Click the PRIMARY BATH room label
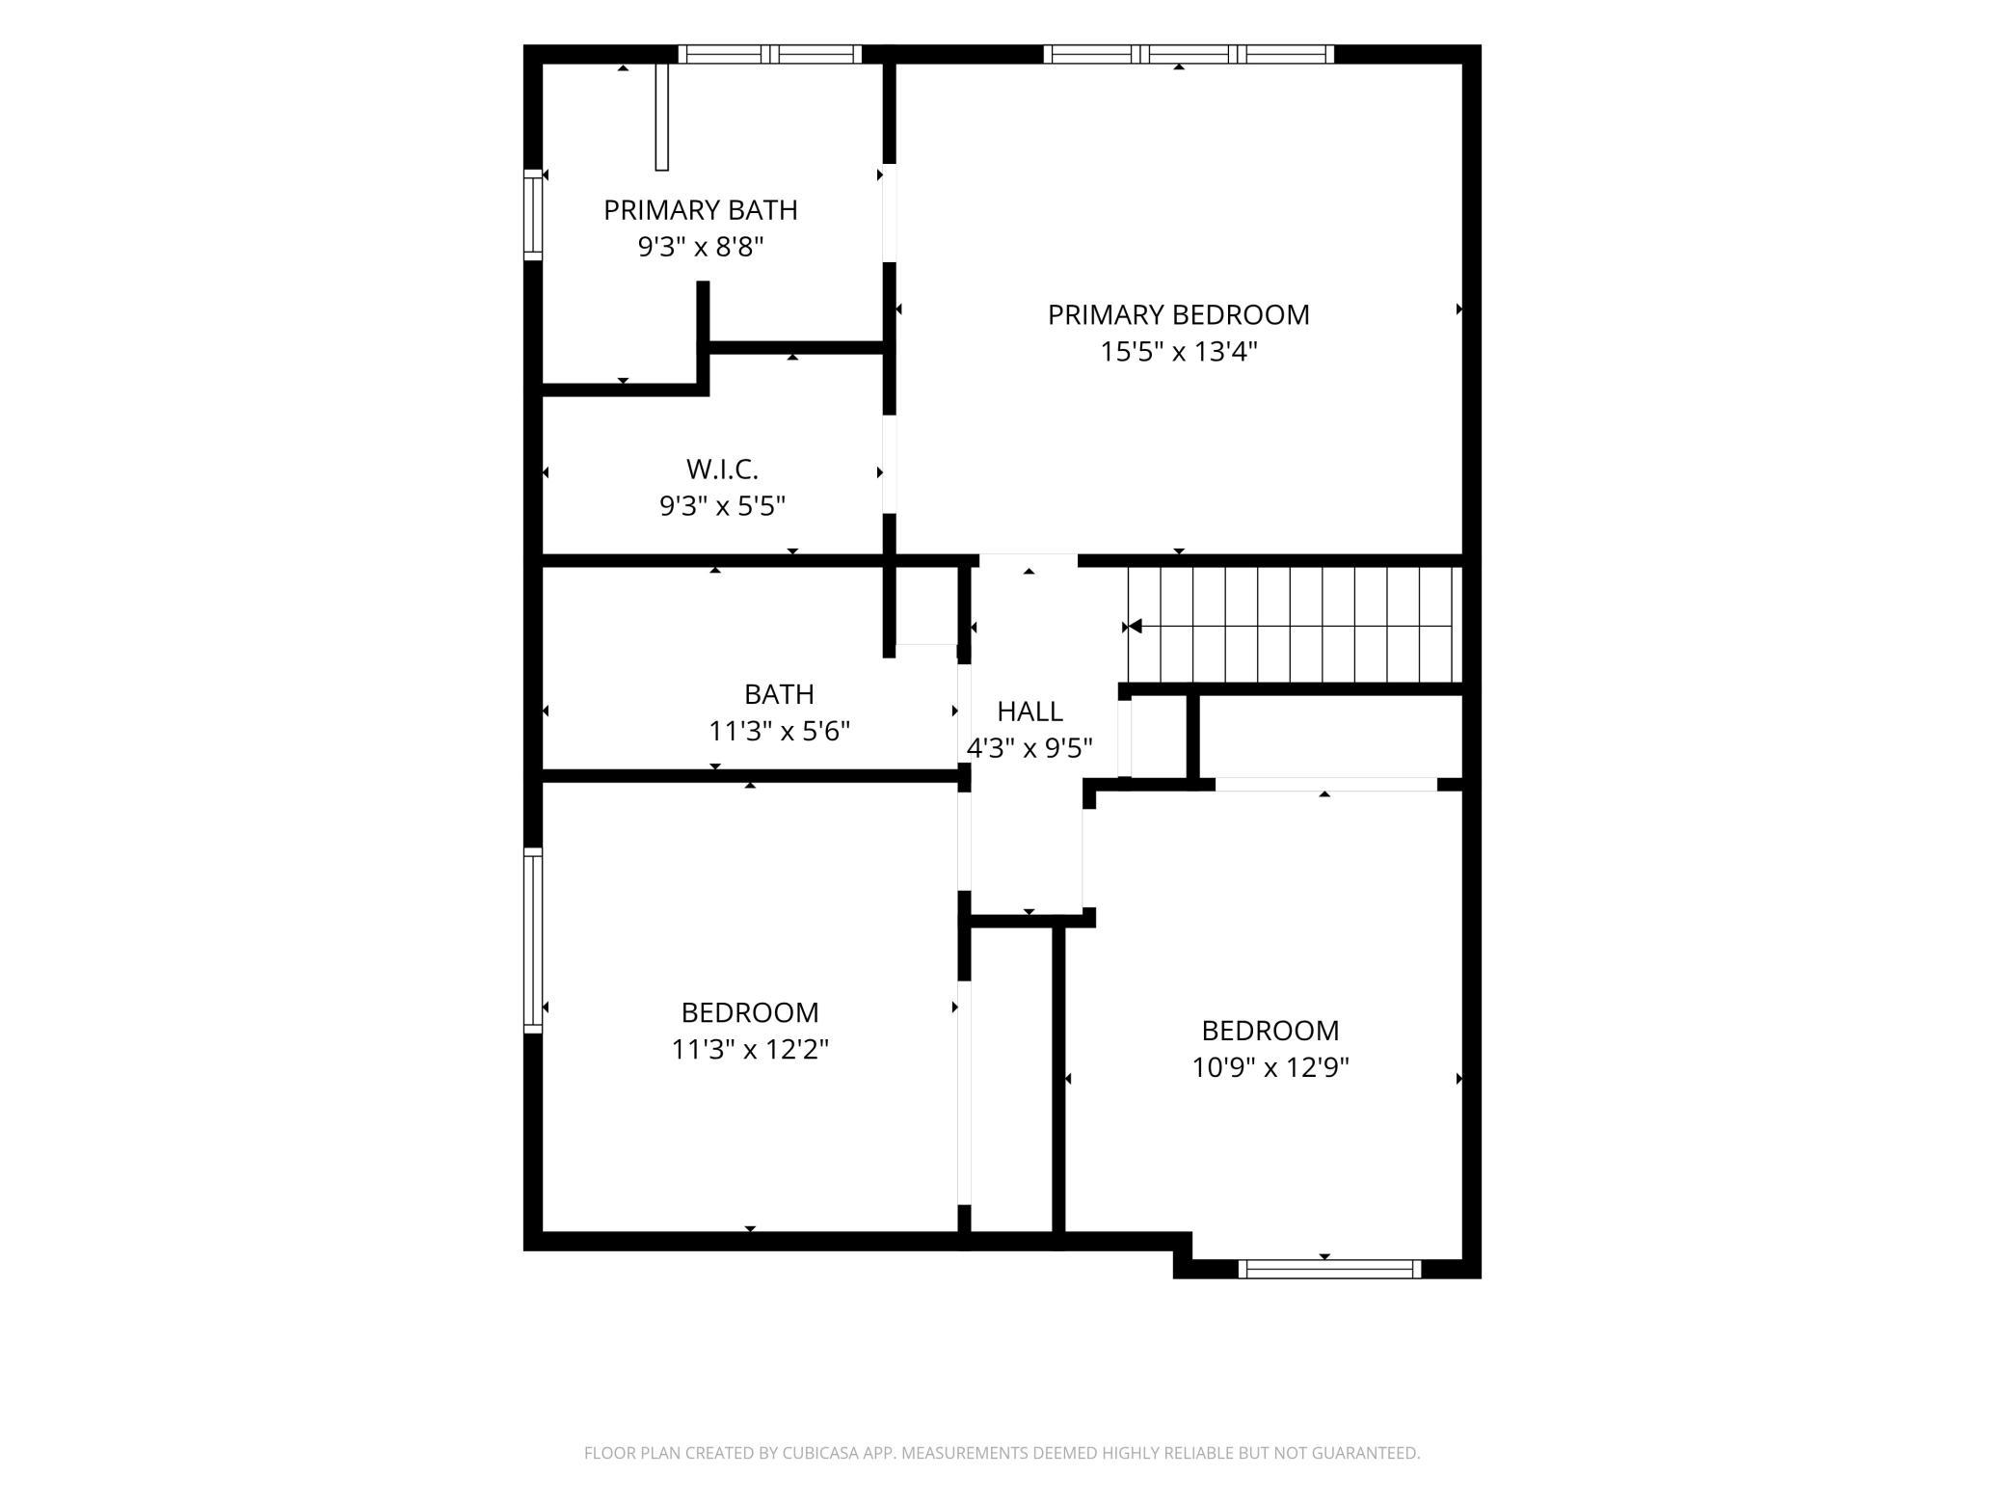[x=701, y=209]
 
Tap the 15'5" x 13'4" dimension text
[x=1179, y=352]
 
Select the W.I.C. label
[x=722, y=470]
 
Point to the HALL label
[x=1029, y=712]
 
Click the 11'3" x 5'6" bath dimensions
[x=779, y=732]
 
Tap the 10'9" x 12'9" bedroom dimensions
[x=1270, y=1068]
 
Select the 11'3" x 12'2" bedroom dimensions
[x=750, y=1049]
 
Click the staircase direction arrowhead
[x=1136, y=627]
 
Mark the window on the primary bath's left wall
[x=533, y=214]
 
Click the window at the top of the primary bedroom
[x=1189, y=54]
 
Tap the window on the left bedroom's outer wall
[x=533, y=940]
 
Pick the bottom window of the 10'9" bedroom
[x=1329, y=1269]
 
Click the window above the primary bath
[x=770, y=54]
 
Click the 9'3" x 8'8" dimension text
[x=701, y=248]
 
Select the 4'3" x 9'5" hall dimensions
[x=1029, y=749]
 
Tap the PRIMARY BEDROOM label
[x=1179, y=315]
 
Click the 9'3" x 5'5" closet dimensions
[x=722, y=506]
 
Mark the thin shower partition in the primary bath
[x=661, y=117]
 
